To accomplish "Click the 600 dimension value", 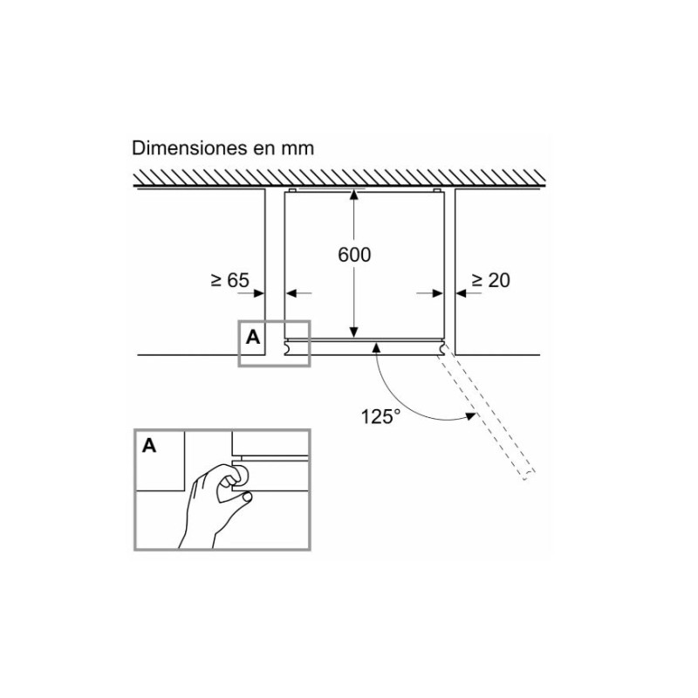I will pyautogui.click(x=355, y=255).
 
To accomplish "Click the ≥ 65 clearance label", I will pyautogui.click(x=229, y=280).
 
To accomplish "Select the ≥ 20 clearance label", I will pyautogui.click(x=489, y=280).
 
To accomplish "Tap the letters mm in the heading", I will pyautogui.click(x=298, y=148).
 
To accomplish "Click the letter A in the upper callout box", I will pyautogui.click(x=253, y=337).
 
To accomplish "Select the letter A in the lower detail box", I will pyautogui.click(x=149, y=446).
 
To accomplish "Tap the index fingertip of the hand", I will pyautogui.click(x=247, y=497).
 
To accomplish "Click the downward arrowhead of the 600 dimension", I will pyautogui.click(x=353, y=332).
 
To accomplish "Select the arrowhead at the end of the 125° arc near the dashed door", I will pyautogui.click(x=469, y=418).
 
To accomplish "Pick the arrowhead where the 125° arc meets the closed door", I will pyautogui.click(x=376, y=348).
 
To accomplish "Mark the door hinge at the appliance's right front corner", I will pyautogui.click(x=445, y=347).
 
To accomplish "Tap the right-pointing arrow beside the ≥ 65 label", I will pyautogui.click(x=258, y=294).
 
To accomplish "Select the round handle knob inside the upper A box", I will pyautogui.click(x=287, y=347).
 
